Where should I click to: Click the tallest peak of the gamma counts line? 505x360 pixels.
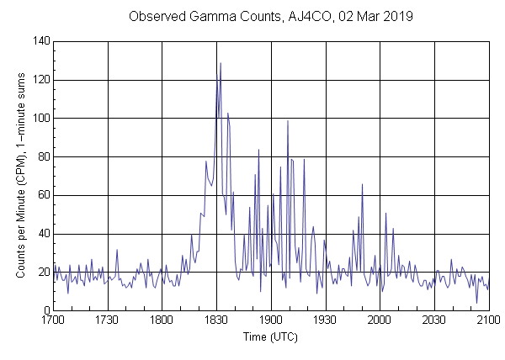[x=221, y=63]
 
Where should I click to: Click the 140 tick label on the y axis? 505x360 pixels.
[x=40, y=40]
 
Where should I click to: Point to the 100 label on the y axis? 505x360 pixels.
[x=40, y=119]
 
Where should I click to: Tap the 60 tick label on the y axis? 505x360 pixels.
[x=42, y=195]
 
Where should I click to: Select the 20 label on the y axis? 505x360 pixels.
[x=42, y=273]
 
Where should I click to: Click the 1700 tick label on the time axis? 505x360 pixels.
[x=53, y=320]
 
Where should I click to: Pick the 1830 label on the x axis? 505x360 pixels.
[x=216, y=320]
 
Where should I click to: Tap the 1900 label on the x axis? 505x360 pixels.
[x=271, y=320]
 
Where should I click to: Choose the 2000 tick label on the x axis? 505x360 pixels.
[x=380, y=320]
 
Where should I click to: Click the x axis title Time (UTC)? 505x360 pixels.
[x=270, y=336]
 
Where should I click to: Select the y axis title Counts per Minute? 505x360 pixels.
[x=19, y=176]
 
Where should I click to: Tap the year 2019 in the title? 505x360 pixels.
[x=391, y=17]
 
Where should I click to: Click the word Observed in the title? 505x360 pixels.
[x=157, y=17]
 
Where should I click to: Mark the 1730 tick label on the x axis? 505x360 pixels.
[x=108, y=320]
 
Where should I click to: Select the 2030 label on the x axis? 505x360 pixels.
[x=434, y=320]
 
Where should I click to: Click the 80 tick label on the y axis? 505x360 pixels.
[x=42, y=156]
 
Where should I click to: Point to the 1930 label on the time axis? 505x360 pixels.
[x=326, y=320]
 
